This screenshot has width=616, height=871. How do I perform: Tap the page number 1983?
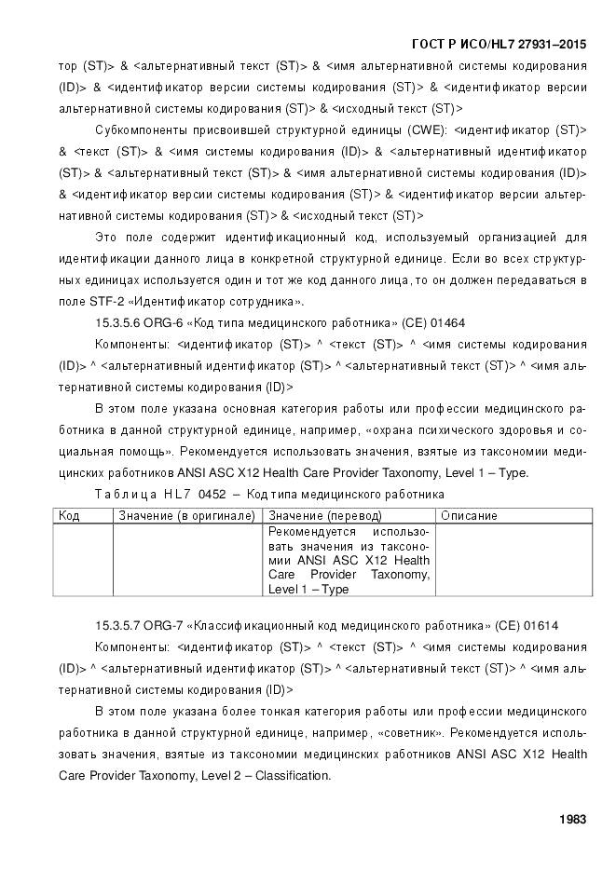572,820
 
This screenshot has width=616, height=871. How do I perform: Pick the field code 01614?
540,624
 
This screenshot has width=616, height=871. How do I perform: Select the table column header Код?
68,515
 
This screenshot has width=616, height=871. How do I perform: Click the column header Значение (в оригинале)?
186,515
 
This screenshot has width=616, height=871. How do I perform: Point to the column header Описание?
469,515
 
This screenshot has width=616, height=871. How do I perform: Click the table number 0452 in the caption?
212,494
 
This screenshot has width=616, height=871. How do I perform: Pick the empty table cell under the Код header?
83,559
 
